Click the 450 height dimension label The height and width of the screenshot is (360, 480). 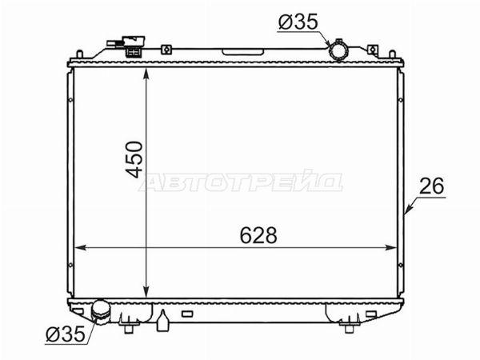pos(134,159)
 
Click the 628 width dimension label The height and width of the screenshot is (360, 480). pos(258,235)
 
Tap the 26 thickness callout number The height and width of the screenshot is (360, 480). pos(431,186)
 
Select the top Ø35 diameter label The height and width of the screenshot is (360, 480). pos(298,22)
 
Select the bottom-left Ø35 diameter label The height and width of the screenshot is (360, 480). pos(66,334)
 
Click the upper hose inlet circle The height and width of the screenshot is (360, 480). pos(338,50)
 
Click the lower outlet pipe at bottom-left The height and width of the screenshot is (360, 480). pos(101,311)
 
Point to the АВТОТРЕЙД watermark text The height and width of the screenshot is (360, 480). pos(241,181)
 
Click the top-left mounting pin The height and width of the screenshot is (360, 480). pos(79,54)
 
